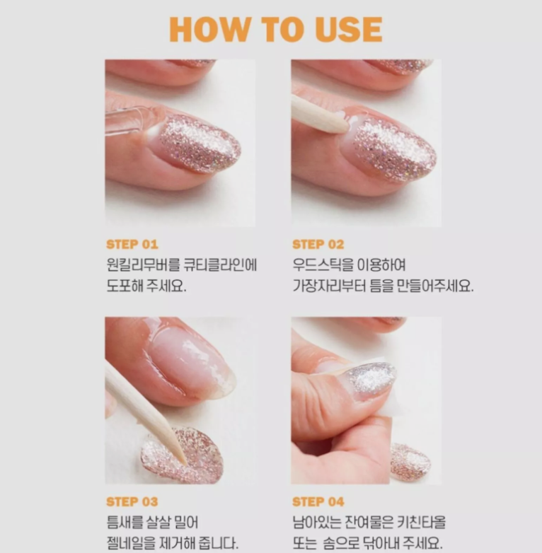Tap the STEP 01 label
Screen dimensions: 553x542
pos(132,245)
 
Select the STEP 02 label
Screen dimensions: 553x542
pos(318,245)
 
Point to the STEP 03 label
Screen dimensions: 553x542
pos(132,501)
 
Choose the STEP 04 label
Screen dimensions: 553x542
pos(318,501)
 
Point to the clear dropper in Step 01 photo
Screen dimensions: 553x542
pos(131,120)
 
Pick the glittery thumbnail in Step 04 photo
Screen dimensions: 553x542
pos(371,380)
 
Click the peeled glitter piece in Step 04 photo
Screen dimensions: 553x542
pos(410,462)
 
